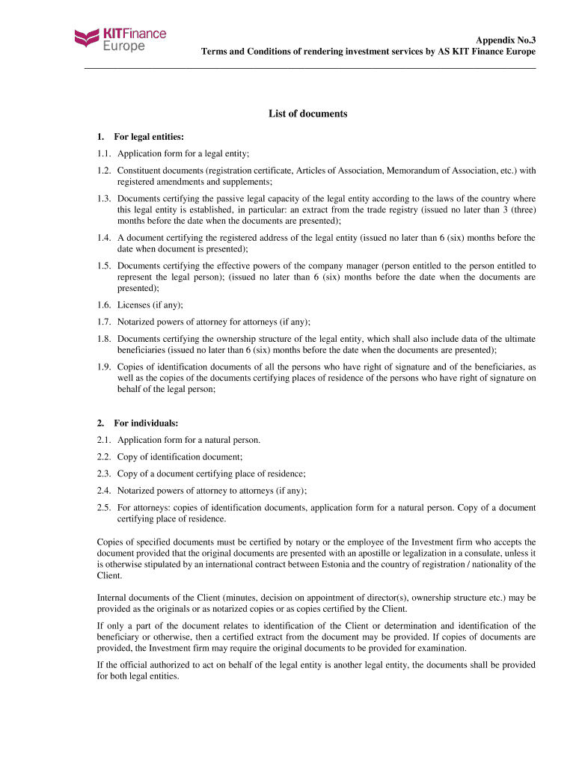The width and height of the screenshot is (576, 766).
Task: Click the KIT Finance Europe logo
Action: [x=120, y=39]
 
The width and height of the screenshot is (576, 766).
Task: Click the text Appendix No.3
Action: [x=506, y=39]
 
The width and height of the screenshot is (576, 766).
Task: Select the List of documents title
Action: [x=308, y=114]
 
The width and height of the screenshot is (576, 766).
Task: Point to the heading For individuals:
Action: [x=146, y=423]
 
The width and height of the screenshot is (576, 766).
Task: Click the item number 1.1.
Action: [x=104, y=153]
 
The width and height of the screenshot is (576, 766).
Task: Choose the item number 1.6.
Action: [x=104, y=305]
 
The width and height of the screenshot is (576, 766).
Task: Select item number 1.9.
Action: [x=104, y=367]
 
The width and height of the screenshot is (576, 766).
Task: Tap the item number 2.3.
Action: [x=104, y=474]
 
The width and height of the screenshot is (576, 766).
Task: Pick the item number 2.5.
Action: [x=104, y=508]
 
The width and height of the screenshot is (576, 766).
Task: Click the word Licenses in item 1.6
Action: [x=134, y=305]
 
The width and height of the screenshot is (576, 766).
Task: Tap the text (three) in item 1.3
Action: [x=521, y=210]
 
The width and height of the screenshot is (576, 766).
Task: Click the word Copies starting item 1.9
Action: [x=132, y=367]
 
